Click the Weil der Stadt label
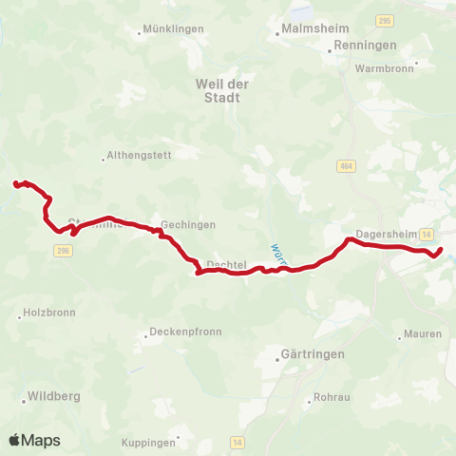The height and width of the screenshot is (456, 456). click(x=221, y=89)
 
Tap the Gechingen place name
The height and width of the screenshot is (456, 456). click(x=187, y=225)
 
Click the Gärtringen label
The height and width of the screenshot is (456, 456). click(x=313, y=353)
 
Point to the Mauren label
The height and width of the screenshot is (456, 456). click(x=422, y=334)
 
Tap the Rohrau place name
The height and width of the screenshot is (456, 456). click(x=332, y=398)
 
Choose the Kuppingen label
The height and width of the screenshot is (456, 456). click(x=149, y=443)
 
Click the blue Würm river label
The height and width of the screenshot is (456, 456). click(x=276, y=254)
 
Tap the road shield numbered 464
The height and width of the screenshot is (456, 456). click(x=345, y=167)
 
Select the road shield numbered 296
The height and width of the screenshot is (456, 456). click(x=63, y=250)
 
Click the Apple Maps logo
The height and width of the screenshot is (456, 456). click(x=34, y=440)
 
